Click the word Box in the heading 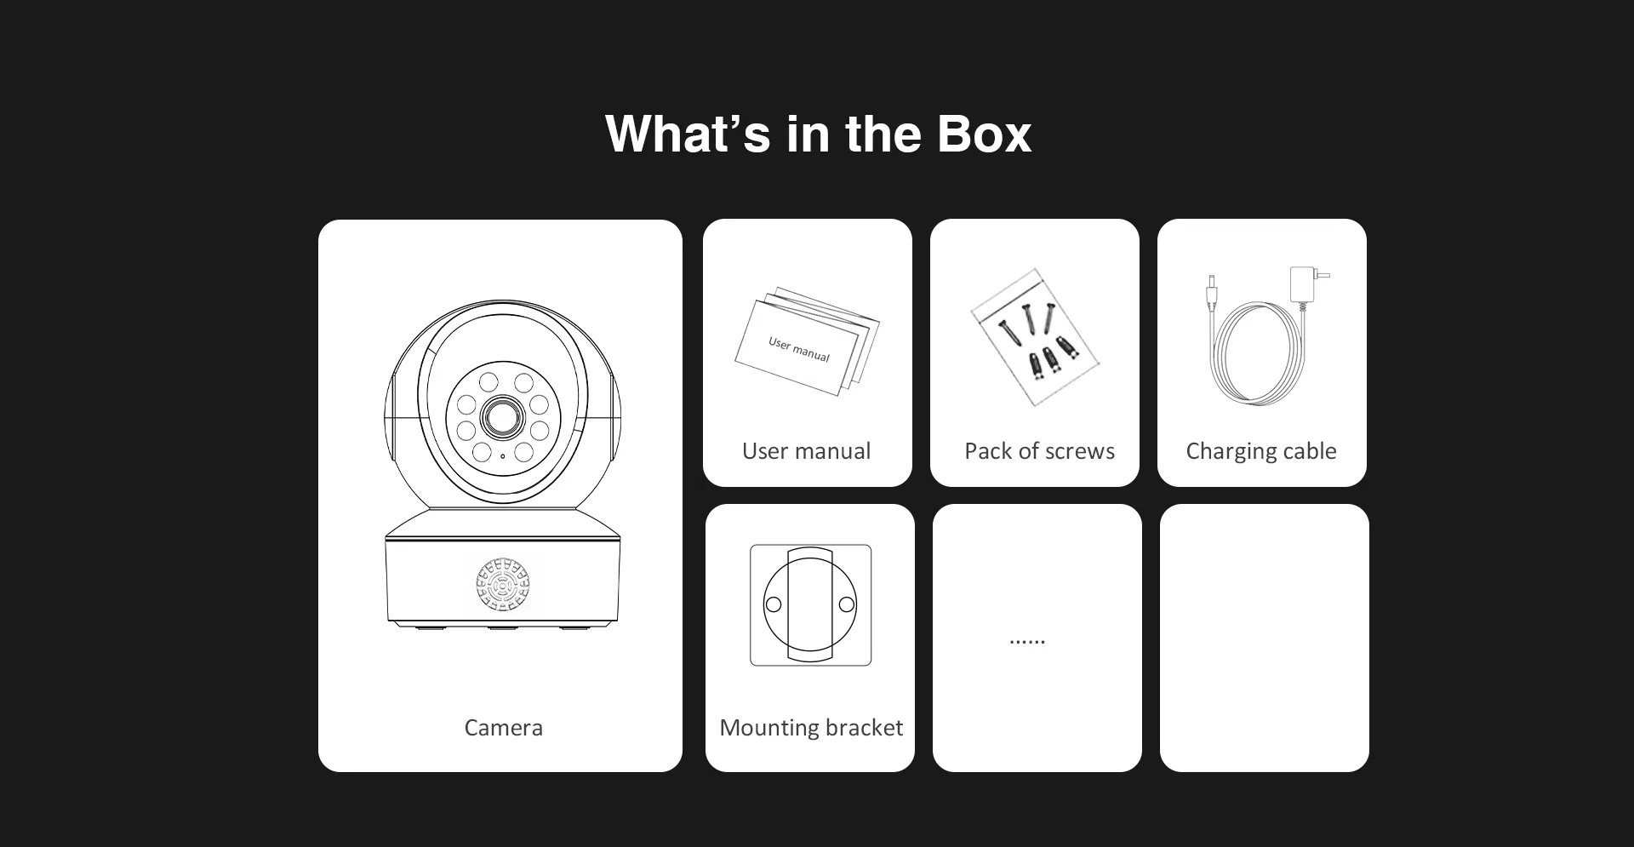(984, 134)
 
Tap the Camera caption (503, 728)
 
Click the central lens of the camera (503, 417)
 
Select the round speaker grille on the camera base (503, 585)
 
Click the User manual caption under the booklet (806, 451)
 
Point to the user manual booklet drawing (807, 342)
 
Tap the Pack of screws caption (1039, 451)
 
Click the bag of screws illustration (1035, 337)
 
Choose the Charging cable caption (1261, 451)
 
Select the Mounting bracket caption (811, 728)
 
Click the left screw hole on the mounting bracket (774, 604)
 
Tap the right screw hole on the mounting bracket (847, 604)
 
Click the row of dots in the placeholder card (1027, 642)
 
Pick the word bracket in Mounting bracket (860, 728)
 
